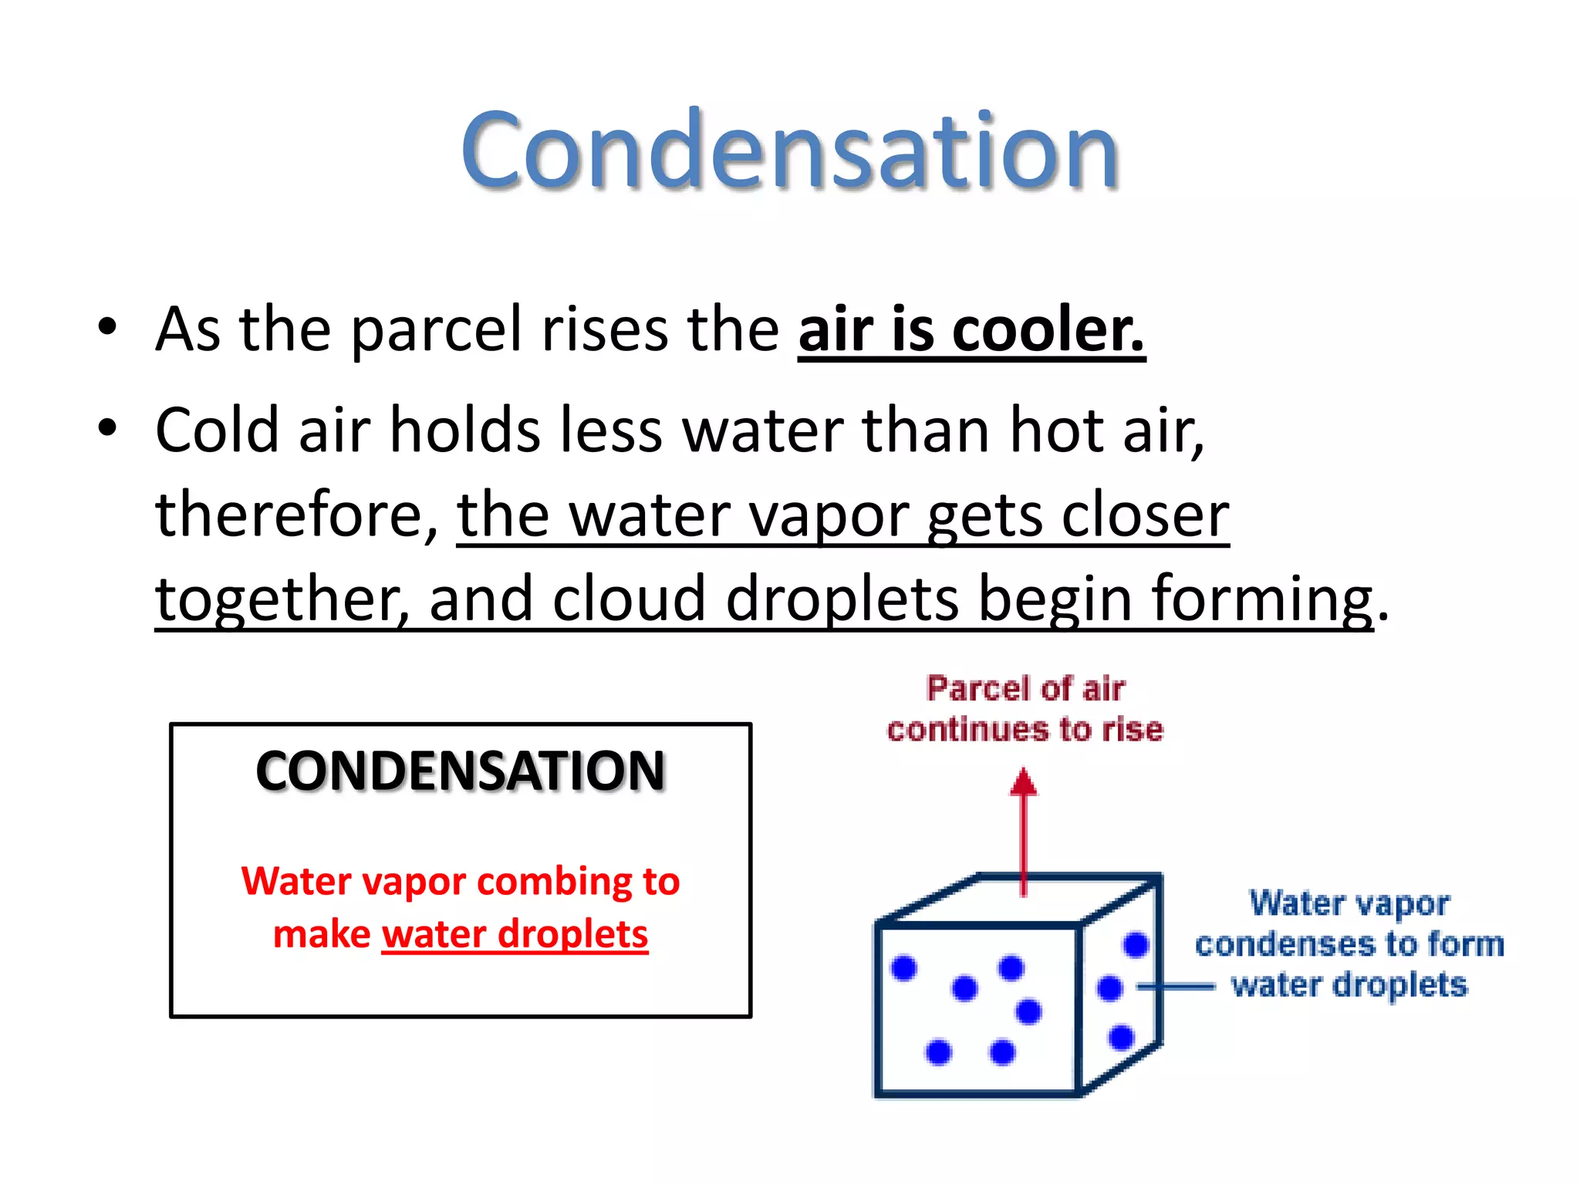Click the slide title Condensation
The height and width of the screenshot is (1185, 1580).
(x=789, y=150)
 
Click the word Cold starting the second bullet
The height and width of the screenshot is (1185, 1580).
(x=217, y=430)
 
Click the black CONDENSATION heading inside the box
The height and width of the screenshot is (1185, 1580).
(x=461, y=771)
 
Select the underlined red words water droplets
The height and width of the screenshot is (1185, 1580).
(x=515, y=934)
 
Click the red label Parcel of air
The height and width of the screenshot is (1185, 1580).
(x=1025, y=689)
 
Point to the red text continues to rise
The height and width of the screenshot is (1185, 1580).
(x=1025, y=730)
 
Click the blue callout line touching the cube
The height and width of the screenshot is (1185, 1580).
(x=1177, y=986)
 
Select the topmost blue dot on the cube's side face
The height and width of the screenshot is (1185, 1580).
(x=1136, y=944)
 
